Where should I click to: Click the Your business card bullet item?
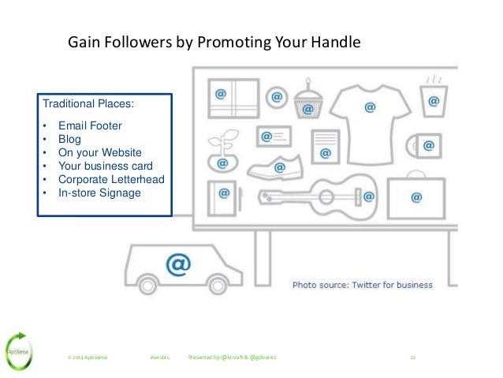(x=106, y=165)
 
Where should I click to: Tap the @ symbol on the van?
(x=179, y=265)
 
